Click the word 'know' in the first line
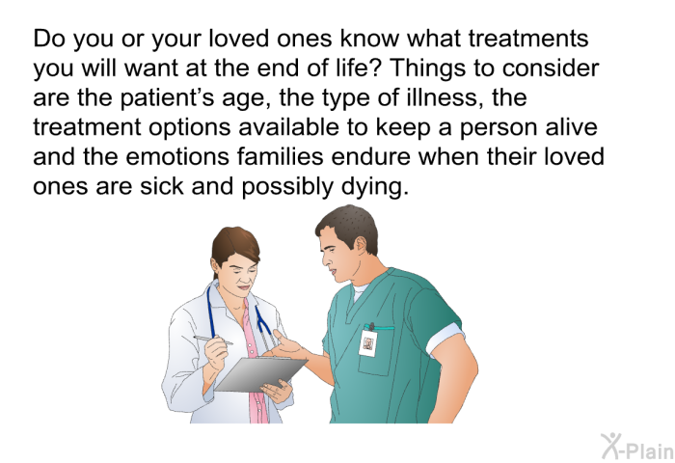369,38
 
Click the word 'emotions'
177,156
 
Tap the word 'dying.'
374,187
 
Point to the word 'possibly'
287,187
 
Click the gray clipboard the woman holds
260,373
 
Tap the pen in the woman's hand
213,340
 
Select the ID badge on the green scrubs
367,343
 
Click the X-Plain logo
637,447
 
